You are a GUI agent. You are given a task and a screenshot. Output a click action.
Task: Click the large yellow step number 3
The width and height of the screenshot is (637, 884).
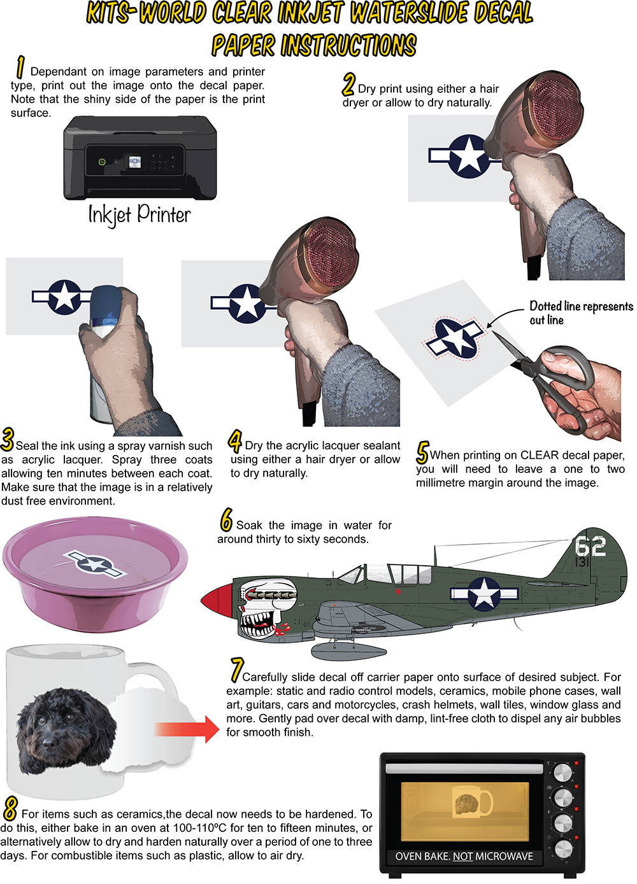8,439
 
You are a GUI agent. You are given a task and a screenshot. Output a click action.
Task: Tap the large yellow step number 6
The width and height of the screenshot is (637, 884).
226,520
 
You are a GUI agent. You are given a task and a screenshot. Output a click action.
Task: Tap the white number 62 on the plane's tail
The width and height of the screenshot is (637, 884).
590,546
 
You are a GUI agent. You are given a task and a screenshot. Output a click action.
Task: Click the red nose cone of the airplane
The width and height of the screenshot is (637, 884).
217,600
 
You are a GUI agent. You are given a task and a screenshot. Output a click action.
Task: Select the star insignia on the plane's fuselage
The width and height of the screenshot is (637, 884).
484,594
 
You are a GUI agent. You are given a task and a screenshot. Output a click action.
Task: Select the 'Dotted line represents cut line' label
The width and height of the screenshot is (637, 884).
581,313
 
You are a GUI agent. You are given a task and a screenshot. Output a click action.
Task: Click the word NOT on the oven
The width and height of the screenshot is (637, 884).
462,857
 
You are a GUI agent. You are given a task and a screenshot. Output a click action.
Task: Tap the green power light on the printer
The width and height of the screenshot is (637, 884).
102,162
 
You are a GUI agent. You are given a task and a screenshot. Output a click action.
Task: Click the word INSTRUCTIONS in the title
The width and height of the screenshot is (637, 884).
348,45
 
